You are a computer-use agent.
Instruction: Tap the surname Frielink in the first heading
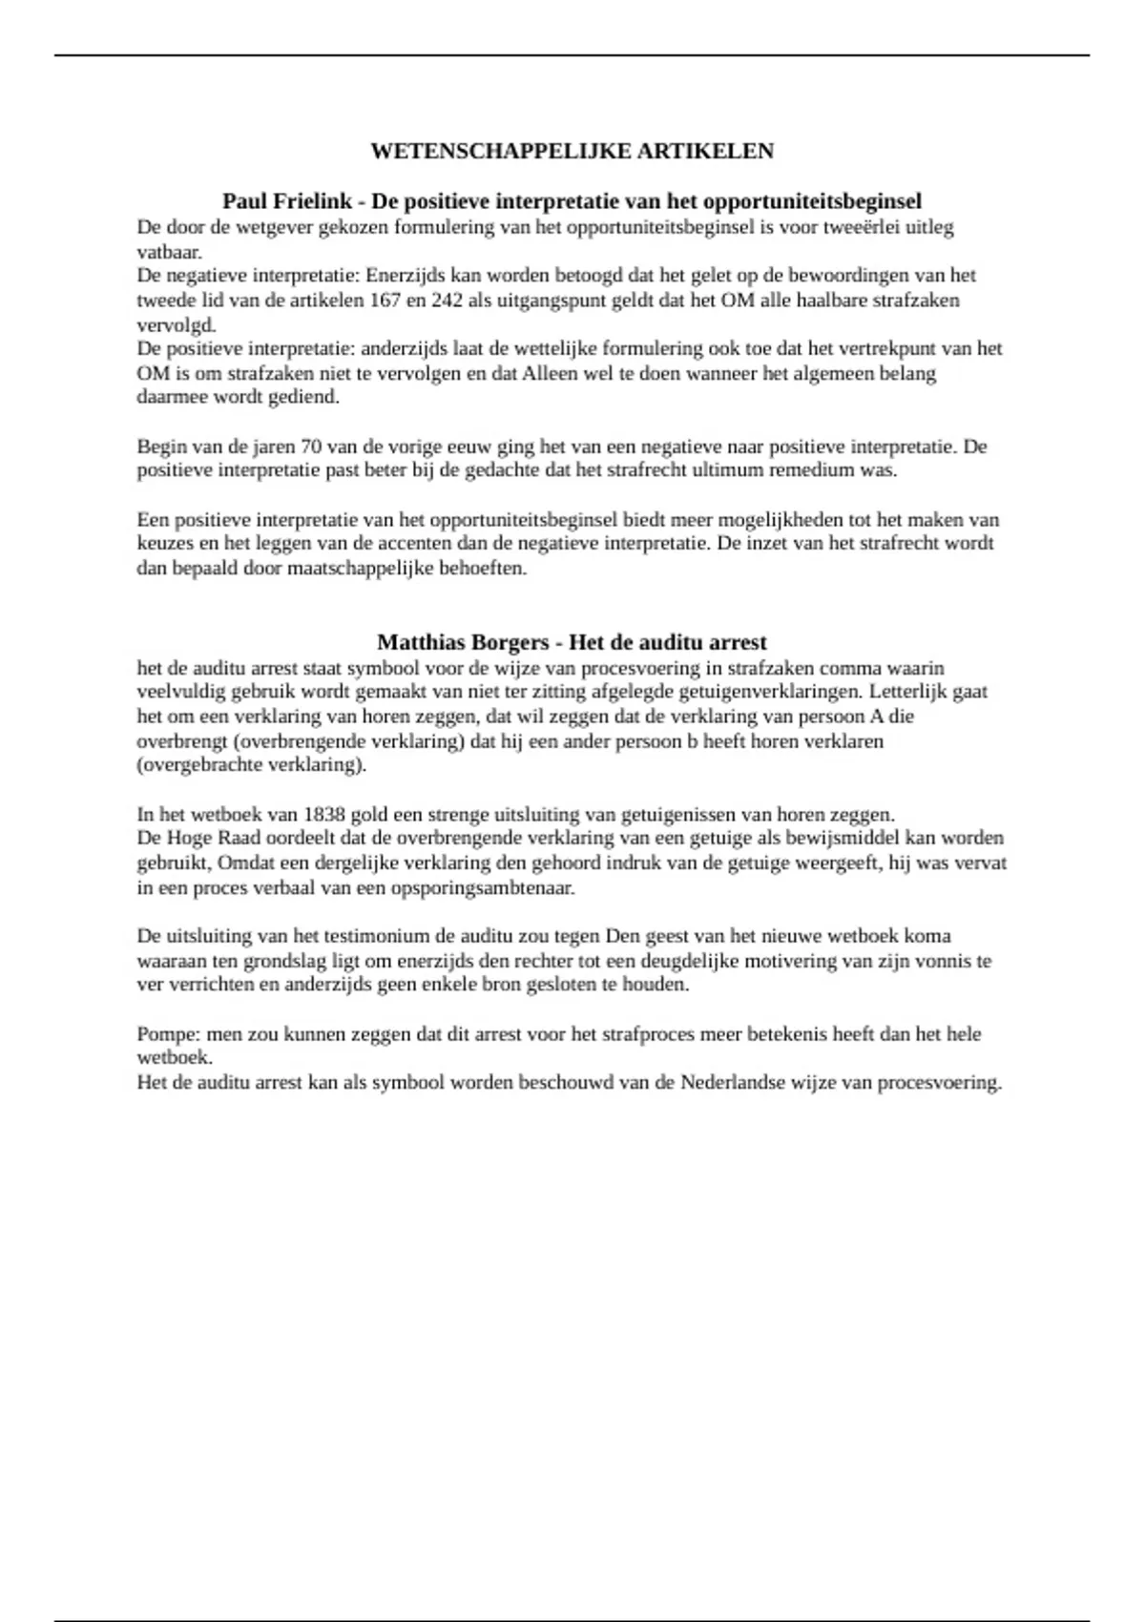coord(314,201)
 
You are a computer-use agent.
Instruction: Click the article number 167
coord(385,300)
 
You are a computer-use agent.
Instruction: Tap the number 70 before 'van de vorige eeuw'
coord(311,447)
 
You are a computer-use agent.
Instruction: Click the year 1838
coord(324,815)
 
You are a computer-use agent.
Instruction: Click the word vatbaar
coord(169,252)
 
